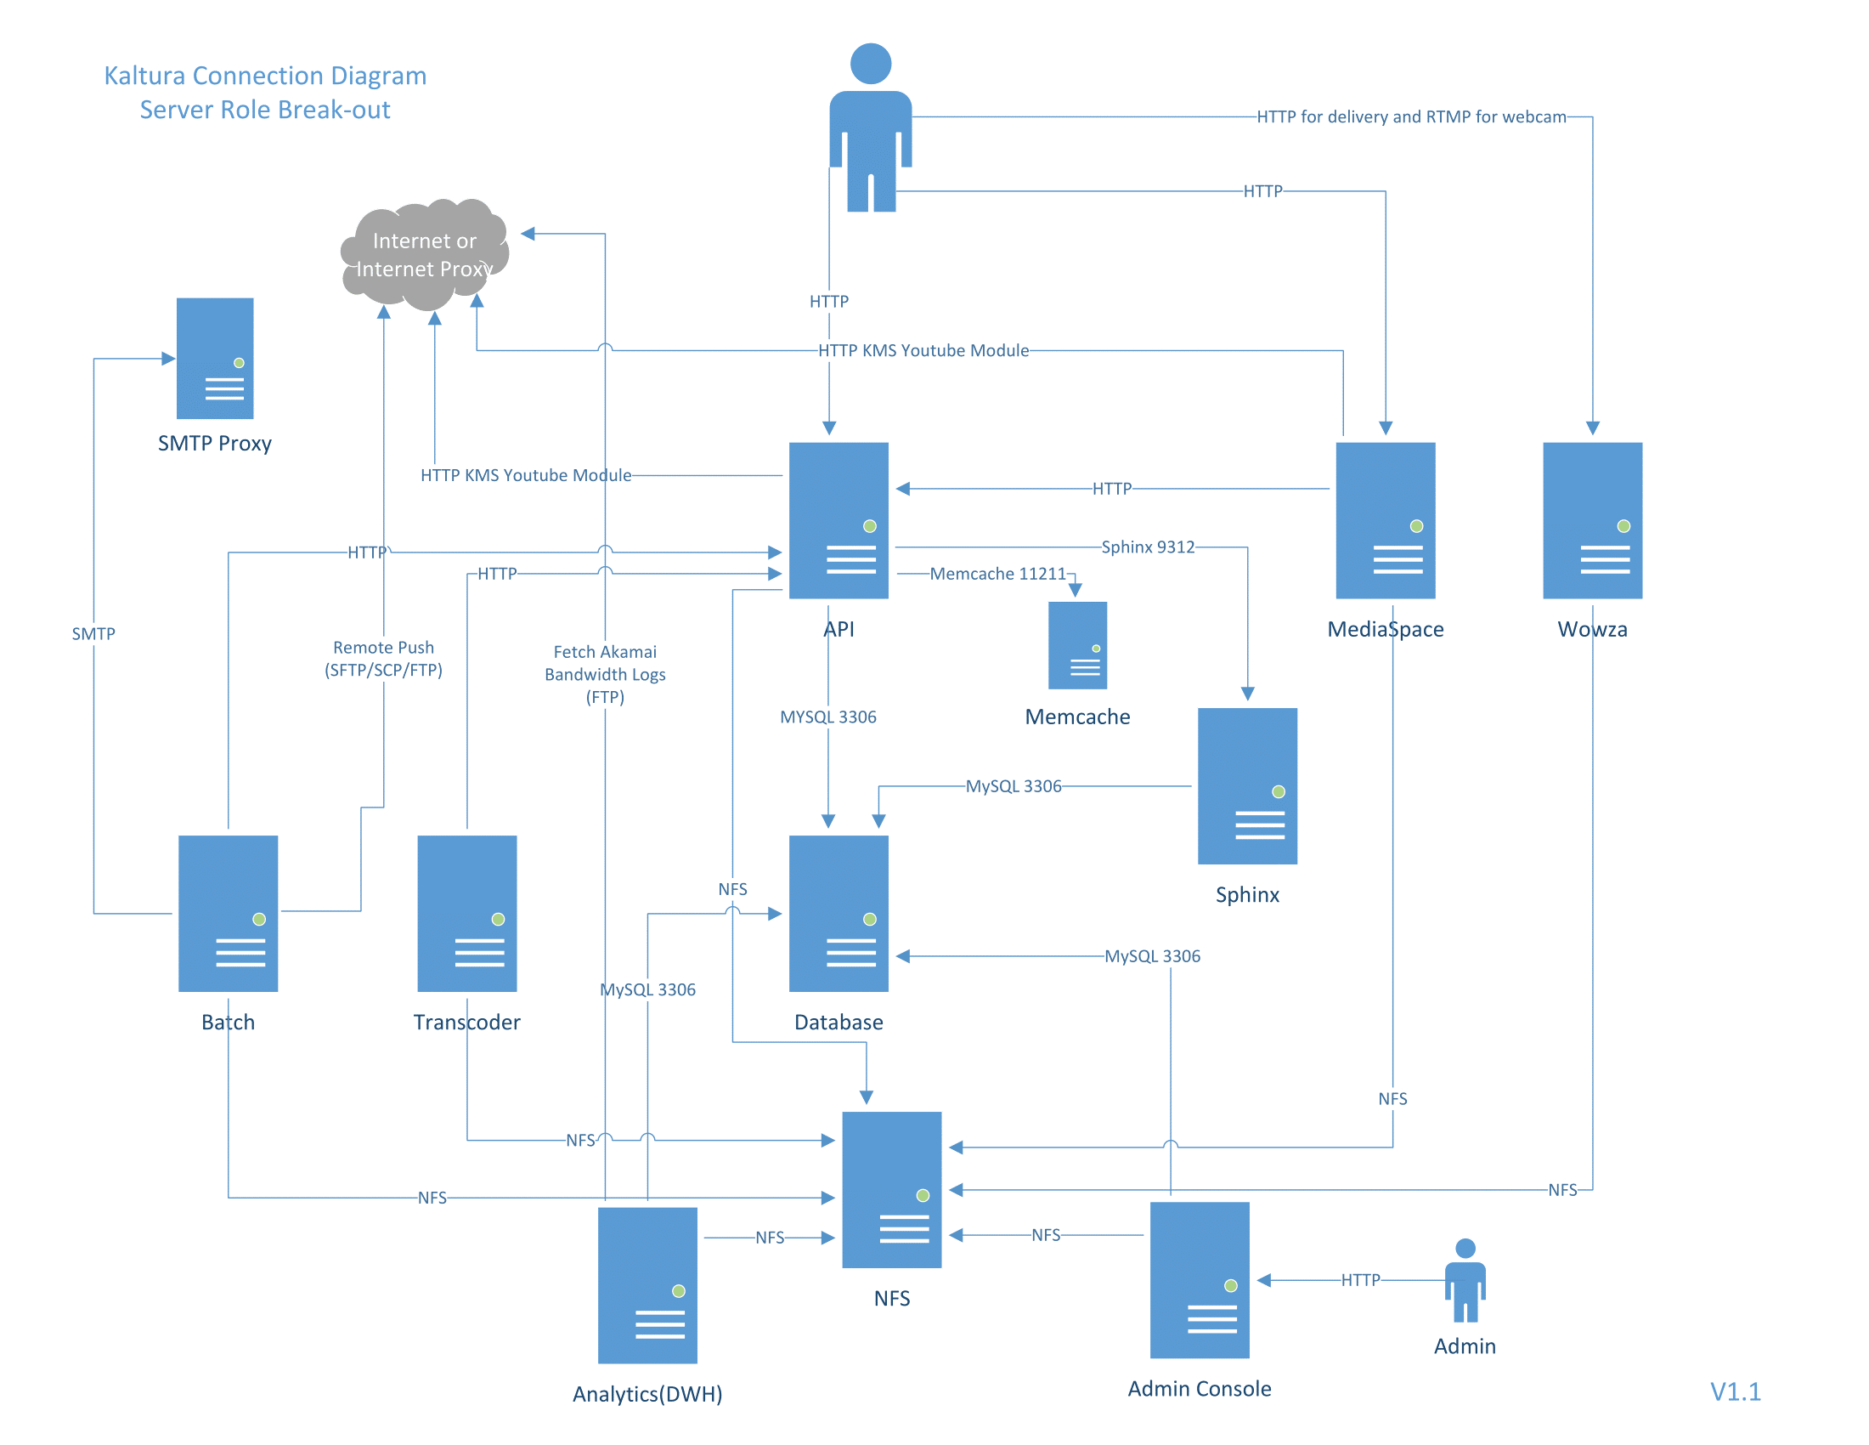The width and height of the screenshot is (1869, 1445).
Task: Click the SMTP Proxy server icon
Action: (215, 358)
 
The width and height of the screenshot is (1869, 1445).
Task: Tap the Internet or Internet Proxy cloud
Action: (425, 254)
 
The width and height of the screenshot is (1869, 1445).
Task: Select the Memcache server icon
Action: (1077, 645)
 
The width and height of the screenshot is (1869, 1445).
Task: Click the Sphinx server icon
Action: (1247, 785)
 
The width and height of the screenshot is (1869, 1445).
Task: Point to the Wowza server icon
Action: (1592, 519)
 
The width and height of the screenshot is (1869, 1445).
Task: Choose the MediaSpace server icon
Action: (1385, 519)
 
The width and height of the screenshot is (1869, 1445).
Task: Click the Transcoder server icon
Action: (466, 913)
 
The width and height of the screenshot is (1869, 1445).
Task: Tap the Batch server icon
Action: (228, 913)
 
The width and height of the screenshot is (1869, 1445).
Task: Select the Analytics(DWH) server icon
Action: (647, 1284)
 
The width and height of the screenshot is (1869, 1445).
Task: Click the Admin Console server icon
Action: (1199, 1279)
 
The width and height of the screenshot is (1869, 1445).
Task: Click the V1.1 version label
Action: (1735, 1391)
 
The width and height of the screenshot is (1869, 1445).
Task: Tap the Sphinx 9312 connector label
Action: (1147, 547)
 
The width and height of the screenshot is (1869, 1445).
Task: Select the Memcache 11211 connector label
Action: (997, 574)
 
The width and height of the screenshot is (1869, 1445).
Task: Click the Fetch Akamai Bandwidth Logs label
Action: (605, 675)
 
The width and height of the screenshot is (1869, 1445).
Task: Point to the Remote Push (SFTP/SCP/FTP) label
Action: (383, 658)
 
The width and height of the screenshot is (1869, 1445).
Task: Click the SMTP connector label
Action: (93, 633)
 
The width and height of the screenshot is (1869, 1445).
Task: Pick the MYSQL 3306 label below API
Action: (827, 717)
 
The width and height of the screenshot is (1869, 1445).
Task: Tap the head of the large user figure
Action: (870, 64)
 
